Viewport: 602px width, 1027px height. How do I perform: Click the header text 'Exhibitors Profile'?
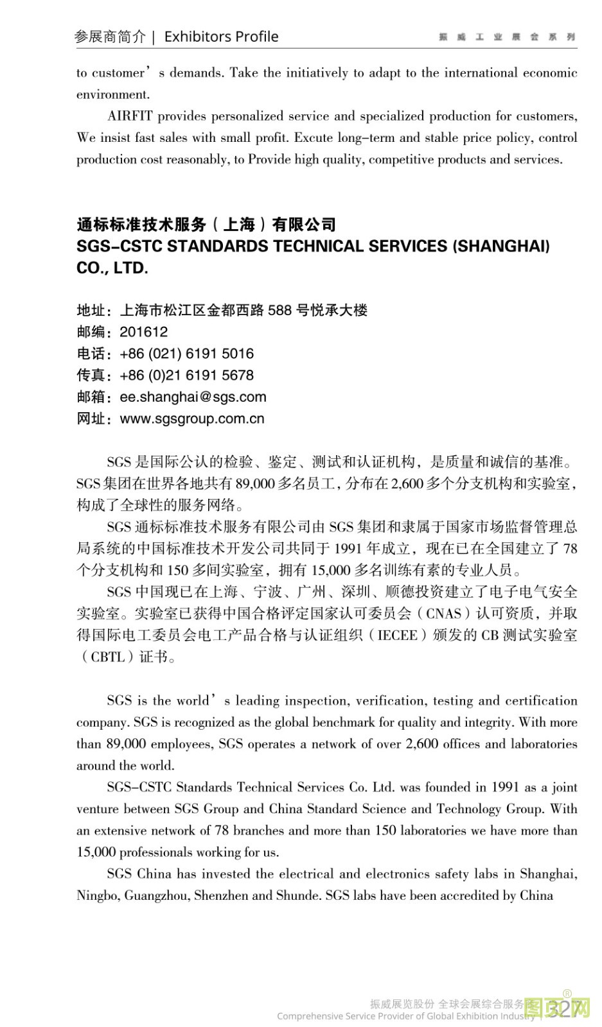coord(221,37)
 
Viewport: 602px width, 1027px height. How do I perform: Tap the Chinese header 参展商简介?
coord(110,37)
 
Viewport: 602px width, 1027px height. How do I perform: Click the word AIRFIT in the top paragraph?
coord(130,116)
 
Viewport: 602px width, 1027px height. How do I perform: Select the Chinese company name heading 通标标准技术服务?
coord(206,225)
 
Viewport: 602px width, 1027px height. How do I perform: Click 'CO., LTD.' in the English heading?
coord(112,268)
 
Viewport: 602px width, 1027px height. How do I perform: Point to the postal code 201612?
coord(144,332)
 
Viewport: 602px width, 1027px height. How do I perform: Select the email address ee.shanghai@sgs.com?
coord(193,397)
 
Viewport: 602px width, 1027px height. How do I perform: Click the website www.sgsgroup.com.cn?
coord(192,419)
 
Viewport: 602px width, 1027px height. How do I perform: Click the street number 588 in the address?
coord(279,311)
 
